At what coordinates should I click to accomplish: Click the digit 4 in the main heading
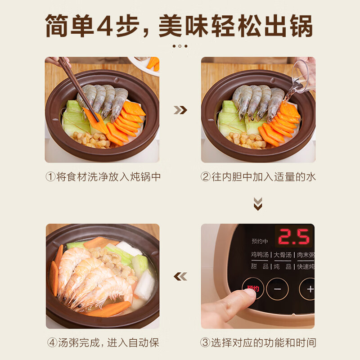pos(104,26)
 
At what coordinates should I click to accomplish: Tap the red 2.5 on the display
pos(294,236)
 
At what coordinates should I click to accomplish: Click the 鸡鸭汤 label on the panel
pos(260,255)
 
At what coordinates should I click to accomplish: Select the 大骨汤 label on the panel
pos(283,255)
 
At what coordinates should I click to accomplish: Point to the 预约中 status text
pos(260,241)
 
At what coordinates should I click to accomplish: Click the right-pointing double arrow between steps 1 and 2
pos(180,110)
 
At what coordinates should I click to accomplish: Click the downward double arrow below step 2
pos(258,204)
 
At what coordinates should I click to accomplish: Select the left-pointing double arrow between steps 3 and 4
pos(180,276)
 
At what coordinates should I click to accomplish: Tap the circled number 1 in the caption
pos(50,177)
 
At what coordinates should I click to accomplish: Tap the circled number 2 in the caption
pos(206,177)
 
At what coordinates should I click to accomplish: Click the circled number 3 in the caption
pos(205,342)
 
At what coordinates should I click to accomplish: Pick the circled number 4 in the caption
pos(52,342)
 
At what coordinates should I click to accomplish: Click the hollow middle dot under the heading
pos(180,46)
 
